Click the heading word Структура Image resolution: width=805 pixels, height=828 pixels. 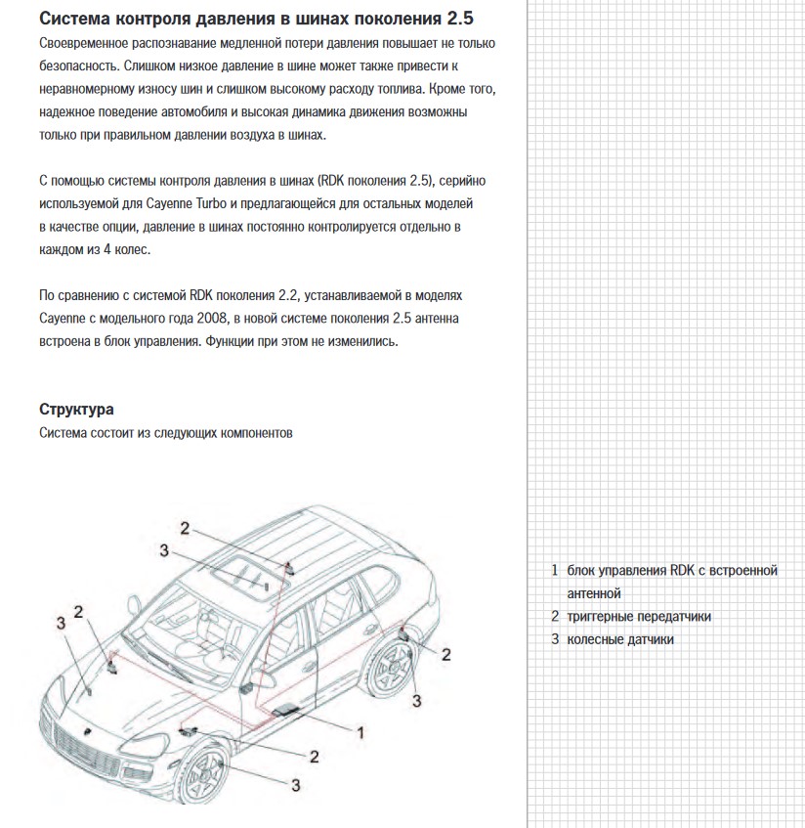coord(75,410)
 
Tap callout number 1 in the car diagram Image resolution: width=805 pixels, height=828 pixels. coord(360,730)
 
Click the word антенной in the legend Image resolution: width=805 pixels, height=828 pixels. coord(594,593)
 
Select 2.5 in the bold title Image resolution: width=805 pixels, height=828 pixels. coord(465,20)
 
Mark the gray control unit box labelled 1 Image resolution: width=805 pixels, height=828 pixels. coord(288,707)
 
